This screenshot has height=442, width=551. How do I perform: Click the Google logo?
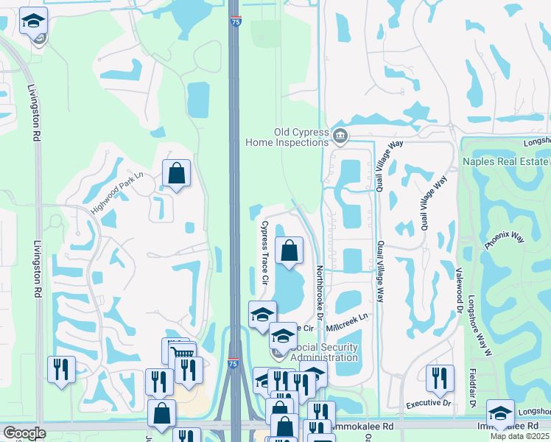click(x=24, y=433)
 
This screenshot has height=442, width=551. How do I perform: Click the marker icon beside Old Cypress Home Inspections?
click(x=340, y=136)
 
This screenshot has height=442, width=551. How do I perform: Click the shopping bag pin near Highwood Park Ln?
click(x=177, y=173)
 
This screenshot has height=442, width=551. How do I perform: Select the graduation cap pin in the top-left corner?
click(x=33, y=22)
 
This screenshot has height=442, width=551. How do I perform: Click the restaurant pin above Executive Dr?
click(x=440, y=377)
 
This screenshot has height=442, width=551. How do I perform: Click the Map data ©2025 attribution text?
click(x=520, y=436)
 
